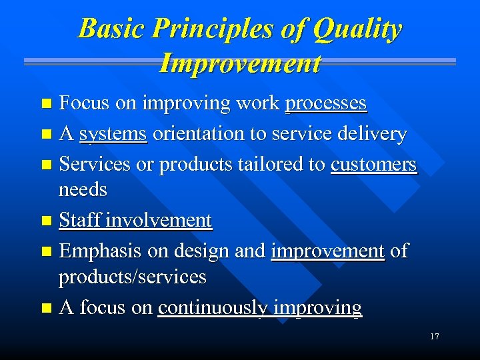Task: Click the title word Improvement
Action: coord(240,63)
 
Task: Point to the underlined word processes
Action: coord(325,103)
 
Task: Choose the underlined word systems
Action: coord(113,134)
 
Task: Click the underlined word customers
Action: coord(373,164)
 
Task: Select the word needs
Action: coord(83,190)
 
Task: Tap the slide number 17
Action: coord(434,337)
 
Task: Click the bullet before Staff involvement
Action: coord(45,221)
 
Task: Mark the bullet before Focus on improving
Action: coord(45,103)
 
